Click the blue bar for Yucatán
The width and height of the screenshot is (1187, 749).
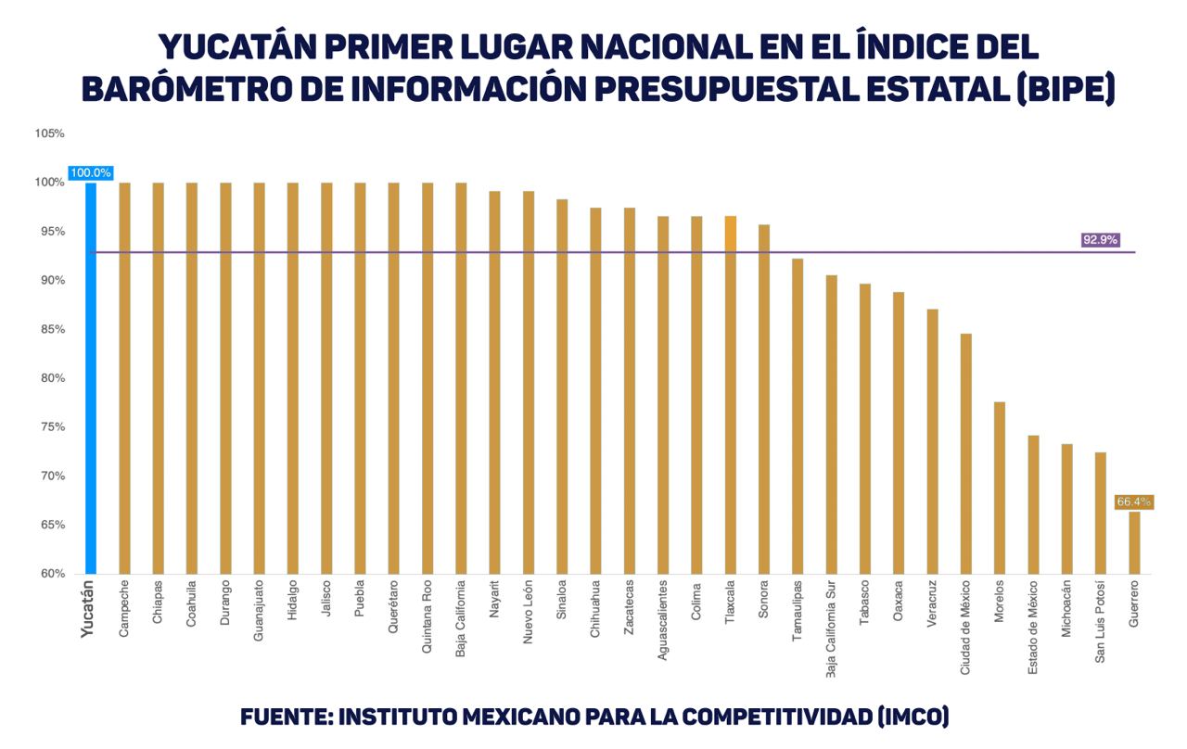pyautogui.click(x=91, y=378)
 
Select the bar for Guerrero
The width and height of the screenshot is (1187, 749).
pyautogui.click(x=1134, y=542)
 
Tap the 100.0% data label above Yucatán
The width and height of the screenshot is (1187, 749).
pyautogui.click(x=91, y=172)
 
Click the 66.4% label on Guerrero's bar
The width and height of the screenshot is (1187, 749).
pyautogui.click(x=1133, y=501)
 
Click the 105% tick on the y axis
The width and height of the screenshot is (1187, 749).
pyautogui.click(x=50, y=133)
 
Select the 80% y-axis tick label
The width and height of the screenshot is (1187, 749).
pyautogui.click(x=50, y=378)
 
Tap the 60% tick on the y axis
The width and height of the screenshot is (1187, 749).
pyautogui.click(x=50, y=574)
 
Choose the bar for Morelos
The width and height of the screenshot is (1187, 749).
pyautogui.click(x=1000, y=488)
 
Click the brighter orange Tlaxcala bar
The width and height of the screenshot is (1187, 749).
pyautogui.click(x=731, y=395)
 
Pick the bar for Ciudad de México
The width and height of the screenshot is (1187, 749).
pyautogui.click(x=965, y=453)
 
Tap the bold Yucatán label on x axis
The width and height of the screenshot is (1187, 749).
pyautogui.click(x=88, y=609)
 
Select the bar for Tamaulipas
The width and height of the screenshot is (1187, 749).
pyautogui.click(x=798, y=416)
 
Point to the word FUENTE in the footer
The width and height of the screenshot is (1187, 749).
pyautogui.click(x=283, y=717)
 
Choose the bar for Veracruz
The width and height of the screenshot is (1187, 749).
pyautogui.click(x=932, y=441)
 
